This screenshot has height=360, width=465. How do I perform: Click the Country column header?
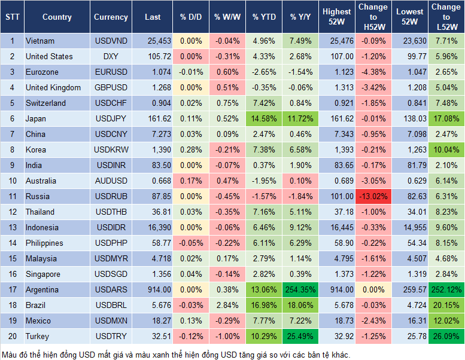point(57,17)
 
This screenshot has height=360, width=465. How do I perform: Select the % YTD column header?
point(264,17)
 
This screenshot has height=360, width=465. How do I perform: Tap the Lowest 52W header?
point(411,17)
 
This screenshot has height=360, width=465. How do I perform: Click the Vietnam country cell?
point(40,41)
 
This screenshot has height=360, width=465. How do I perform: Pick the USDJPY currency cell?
point(111,118)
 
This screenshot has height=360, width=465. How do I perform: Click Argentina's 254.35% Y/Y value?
point(300,289)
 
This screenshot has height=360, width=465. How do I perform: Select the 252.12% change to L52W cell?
point(446,289)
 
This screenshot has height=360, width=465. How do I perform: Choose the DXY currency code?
point(111,56)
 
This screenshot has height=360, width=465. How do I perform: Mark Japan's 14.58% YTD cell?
point(264,118)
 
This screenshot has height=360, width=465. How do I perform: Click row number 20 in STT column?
point(12,336)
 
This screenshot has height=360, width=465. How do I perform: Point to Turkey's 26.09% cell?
point(446,336)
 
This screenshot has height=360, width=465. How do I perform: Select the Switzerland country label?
point(45,103)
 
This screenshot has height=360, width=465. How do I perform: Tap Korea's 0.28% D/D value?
point(191,150)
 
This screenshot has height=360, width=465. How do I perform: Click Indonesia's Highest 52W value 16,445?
point(336,227)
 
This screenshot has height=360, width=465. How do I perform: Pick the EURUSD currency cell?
point(111,72)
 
